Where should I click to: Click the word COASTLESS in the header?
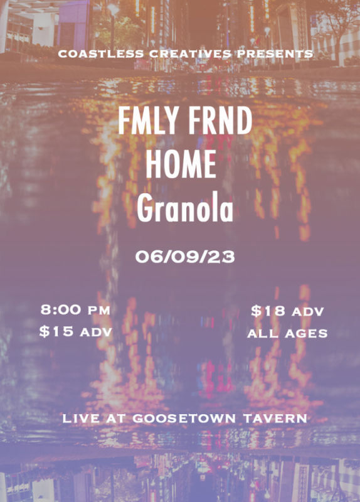click(101, 54)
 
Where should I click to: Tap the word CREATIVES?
click(191, 54)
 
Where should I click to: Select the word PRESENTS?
click(275, 54)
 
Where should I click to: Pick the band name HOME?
click(181, 164)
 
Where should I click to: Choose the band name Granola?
click(185, 207)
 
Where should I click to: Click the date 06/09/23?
click(185, 257)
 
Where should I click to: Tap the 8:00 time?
click(61, 309)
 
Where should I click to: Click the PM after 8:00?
click(99, 311)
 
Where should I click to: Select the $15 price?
click(56, 331)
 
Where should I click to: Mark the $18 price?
click(268, 311)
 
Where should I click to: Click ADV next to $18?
click(307, 312)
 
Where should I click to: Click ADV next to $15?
click(96, 333)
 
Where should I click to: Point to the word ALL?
click(262, 334)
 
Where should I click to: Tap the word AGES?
click(306, 334)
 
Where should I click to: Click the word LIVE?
click(81, 419)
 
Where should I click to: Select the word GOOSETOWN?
click(184, 419)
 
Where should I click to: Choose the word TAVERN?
click(275, 419)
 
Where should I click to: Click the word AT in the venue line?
click(116, 419)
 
